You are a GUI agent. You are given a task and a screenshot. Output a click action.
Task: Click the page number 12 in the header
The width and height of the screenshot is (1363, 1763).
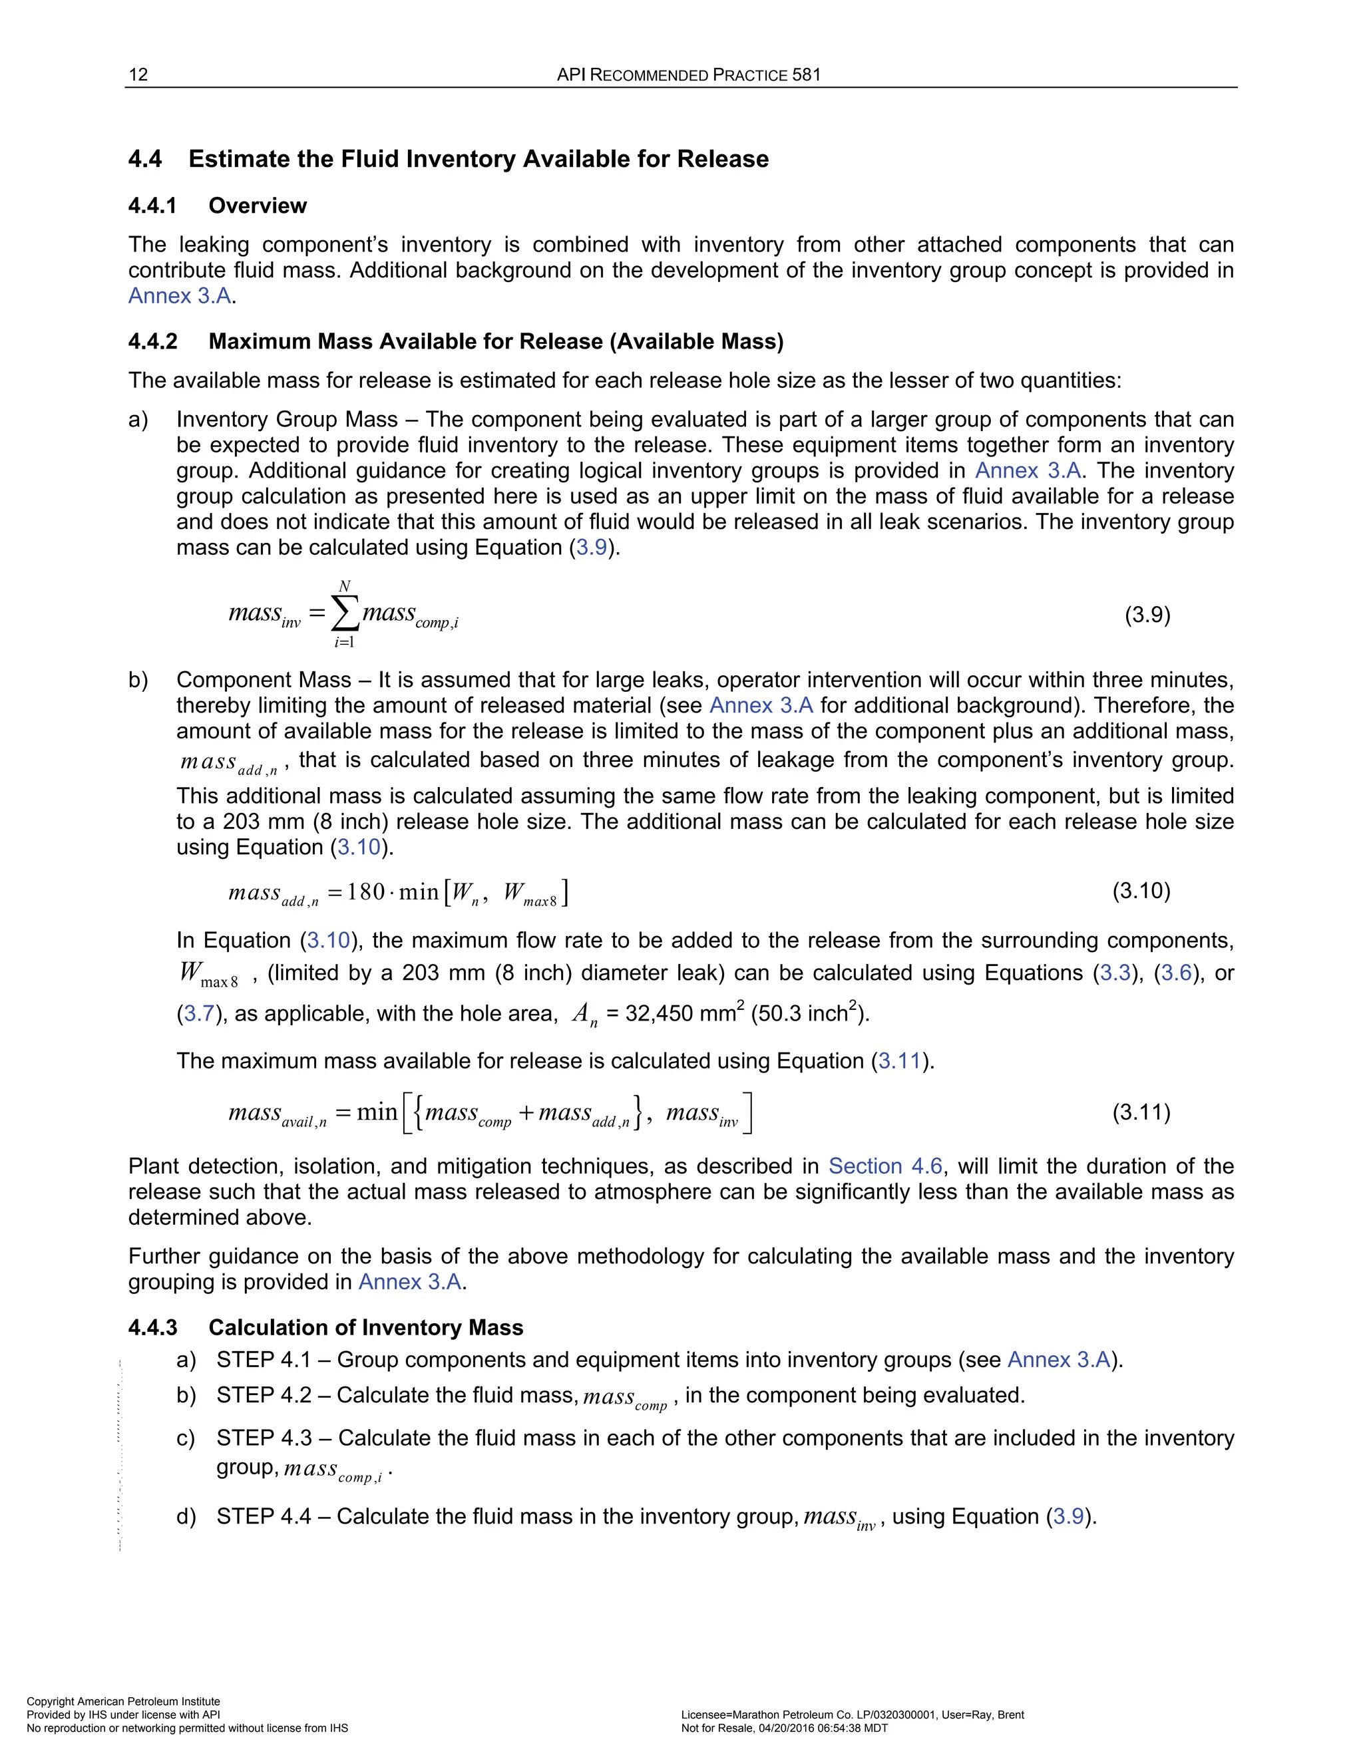(138, 75)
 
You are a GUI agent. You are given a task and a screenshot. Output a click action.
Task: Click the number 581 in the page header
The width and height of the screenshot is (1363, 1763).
(806, 75)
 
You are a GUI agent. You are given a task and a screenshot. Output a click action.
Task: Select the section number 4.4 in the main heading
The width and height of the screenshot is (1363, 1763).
(145, 159)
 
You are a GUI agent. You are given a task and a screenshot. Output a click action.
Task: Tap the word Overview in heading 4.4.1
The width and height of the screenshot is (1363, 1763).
(257, 206)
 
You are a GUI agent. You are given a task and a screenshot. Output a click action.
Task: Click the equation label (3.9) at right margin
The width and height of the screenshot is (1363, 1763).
(1147, 615)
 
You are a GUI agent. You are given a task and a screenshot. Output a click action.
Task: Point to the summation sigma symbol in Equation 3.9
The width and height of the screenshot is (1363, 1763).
(345, 616)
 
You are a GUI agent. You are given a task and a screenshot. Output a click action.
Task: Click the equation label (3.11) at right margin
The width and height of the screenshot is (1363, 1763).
(1141, 1112)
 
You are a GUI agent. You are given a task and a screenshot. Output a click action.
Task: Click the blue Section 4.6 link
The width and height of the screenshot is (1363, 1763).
(885, 1166)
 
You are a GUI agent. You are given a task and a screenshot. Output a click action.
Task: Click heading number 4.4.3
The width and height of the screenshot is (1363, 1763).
(152, 1328)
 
